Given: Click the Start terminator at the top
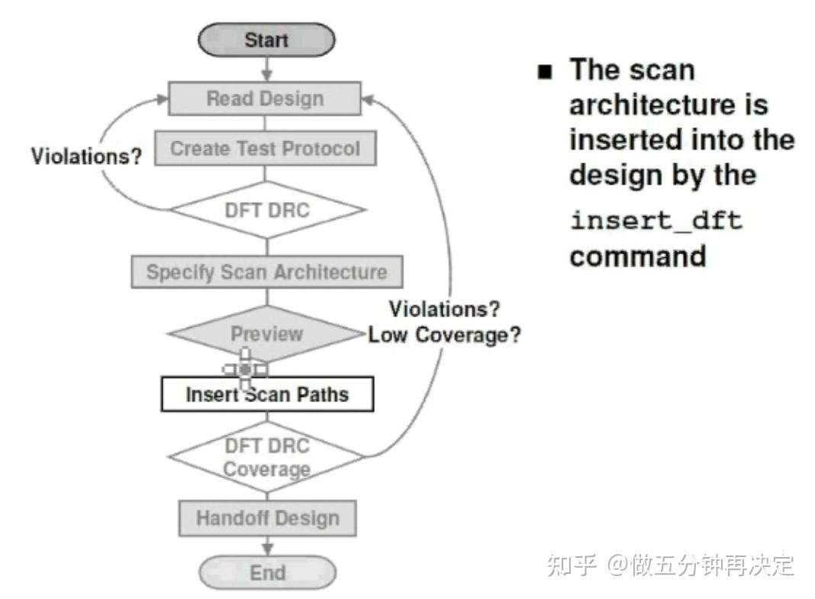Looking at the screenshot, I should tap(266, 40).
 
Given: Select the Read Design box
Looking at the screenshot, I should tap(265, 98).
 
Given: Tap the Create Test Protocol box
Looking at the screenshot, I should tap(265, 148).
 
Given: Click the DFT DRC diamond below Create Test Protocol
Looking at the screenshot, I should tap(266, 210).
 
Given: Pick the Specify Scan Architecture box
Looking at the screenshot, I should tap(266, 272).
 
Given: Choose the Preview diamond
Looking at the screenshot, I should tap(266, 333).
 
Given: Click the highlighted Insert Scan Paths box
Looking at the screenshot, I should tap(267, 395).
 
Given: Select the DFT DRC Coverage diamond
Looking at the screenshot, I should tap(266, 457).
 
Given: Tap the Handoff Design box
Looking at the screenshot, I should tap(267, 518).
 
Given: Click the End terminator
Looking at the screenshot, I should tap(267, 573).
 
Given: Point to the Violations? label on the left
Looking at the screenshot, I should tap(86, 156).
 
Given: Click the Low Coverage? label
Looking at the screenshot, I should tap(444, 335).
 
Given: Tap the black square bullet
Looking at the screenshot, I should tap(544, 72).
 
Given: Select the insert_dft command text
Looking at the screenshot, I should tap(656, 221).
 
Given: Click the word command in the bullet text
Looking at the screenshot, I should tap(637, 256).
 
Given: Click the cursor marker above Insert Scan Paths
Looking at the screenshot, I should tap(245, 369).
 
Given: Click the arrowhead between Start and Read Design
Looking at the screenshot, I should tap(266, 75).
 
